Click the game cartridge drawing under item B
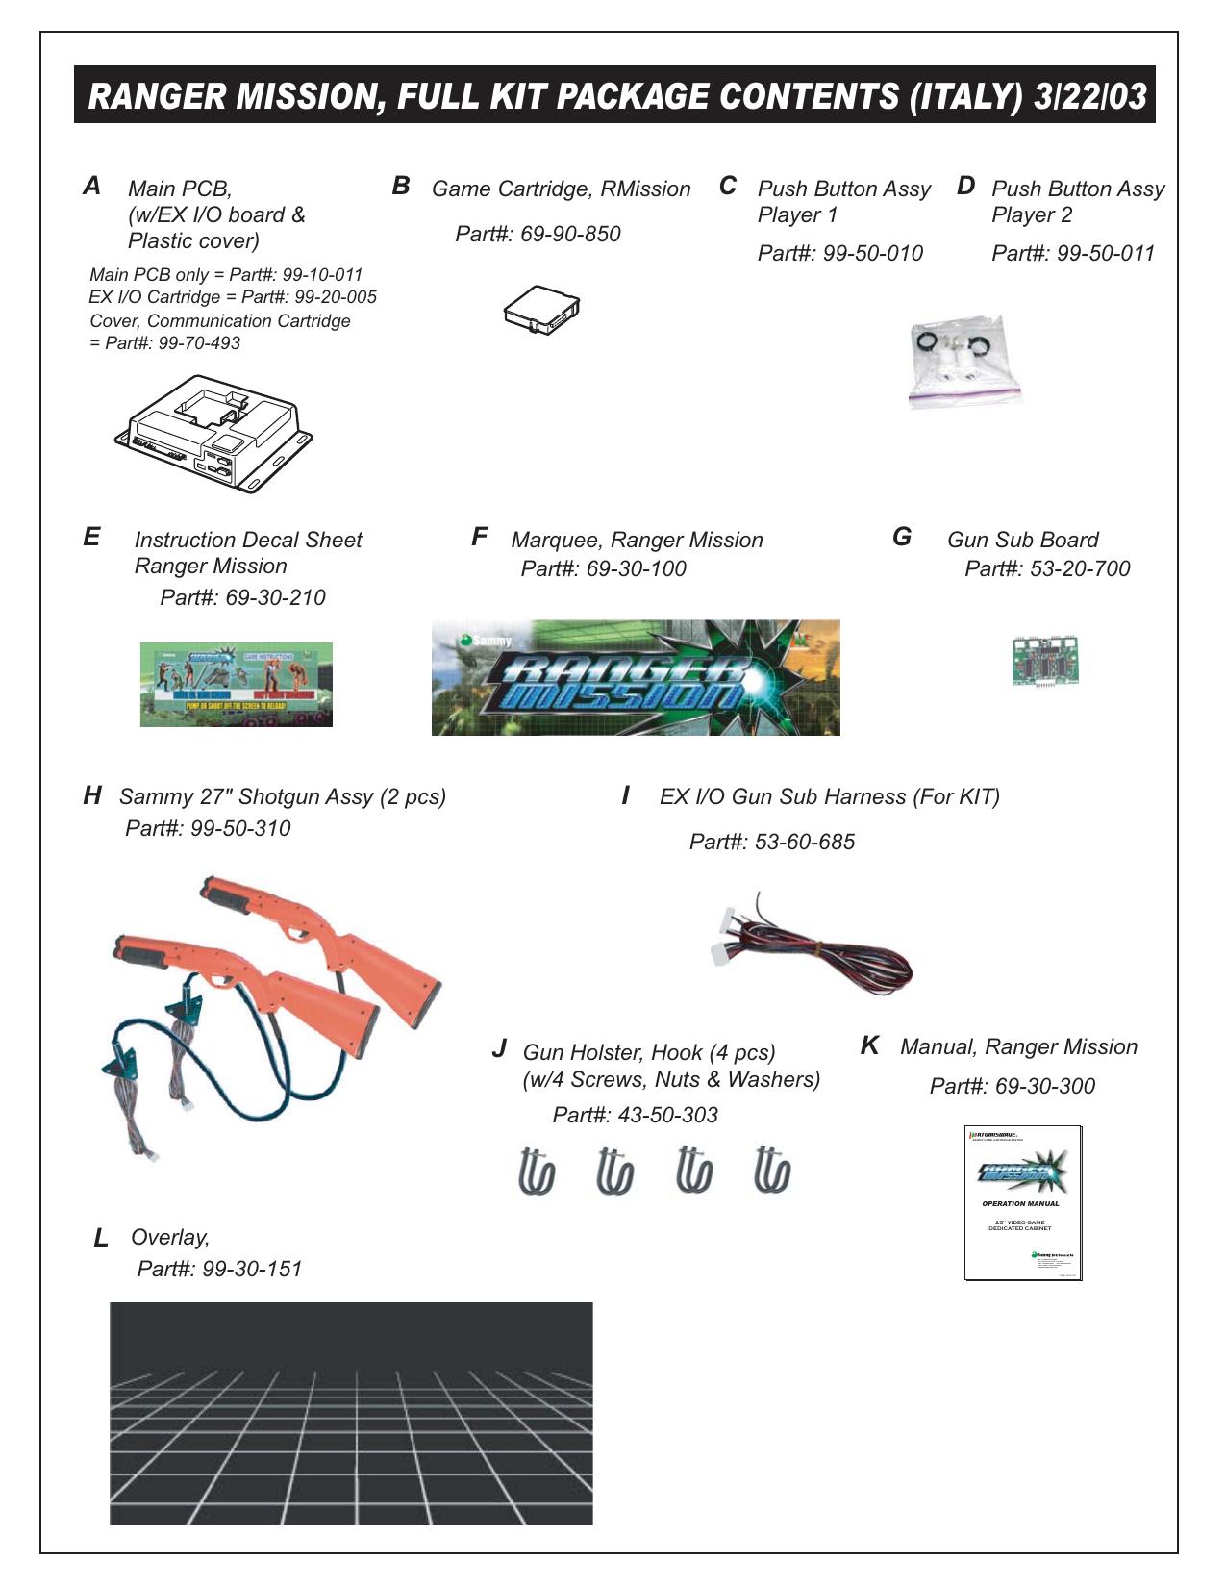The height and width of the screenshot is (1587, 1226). tap(542, 311)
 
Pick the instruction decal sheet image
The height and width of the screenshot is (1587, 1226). tap(237, 684)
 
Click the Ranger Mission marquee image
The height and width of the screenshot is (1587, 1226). tap(636, 678)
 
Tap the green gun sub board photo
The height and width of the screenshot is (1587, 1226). tap(1044, 660)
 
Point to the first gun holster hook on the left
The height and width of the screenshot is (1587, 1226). tap(537, 1171)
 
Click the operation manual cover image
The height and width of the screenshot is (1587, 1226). tap(1023, 1202)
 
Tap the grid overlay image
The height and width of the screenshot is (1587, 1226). tap(351, 1413)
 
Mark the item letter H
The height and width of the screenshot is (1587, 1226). tap(92, 795)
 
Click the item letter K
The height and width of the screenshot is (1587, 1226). tap(869, 1045)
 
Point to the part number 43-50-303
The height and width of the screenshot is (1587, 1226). tap(667, 1115)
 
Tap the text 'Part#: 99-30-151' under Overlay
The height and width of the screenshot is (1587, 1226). tap(219, 1269)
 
